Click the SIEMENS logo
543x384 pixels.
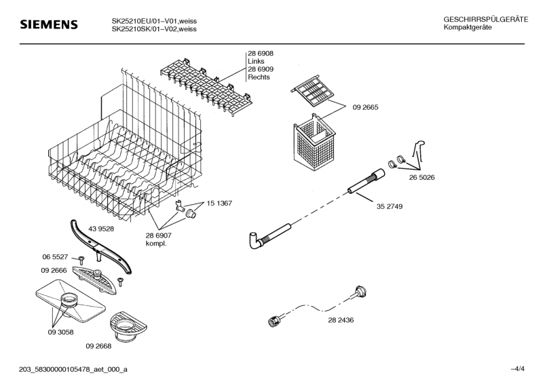click(49, 25)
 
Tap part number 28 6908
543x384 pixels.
click(260, 53)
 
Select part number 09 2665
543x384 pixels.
click(365, 107)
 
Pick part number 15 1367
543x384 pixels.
click(219, 203)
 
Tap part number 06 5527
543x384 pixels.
click(56, 257)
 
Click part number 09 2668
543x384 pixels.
click(99, 346)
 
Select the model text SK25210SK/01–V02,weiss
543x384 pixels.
click(154, 29)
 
